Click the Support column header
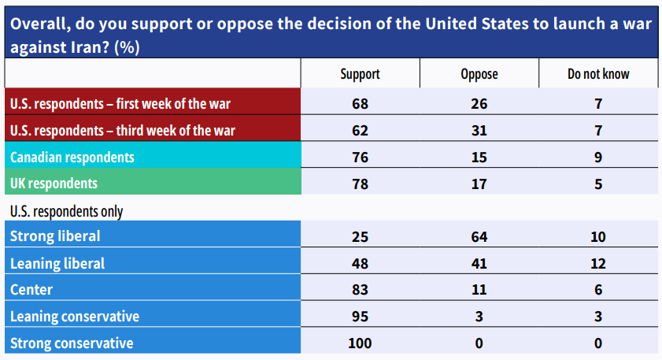click(x=360, y=74)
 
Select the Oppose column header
click(x=479, y=74)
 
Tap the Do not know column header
click(x=598, y=74)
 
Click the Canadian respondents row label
click(x=72, y=157)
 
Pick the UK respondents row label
click(x=54, y=183)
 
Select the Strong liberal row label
click(x=55, y=236)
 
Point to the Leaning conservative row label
click(x=75, y=317)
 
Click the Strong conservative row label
click(x=72, y=343)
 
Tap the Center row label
click(x=31, y=290)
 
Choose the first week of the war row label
click(x=120, y=102)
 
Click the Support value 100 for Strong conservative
click(x=360, y=343)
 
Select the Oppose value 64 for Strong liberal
click(x=479, y=236)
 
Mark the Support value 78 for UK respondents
click(x=360, y=183)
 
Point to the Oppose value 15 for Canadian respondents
click(x=479, y=157)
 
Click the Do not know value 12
click(x=598, y=263)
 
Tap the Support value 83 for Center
click(x=360, y=290)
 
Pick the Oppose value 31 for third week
click(x=479, y=129)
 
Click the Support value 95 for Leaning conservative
click(x=360, y=317)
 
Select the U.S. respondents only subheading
click(x=66, y=211)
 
